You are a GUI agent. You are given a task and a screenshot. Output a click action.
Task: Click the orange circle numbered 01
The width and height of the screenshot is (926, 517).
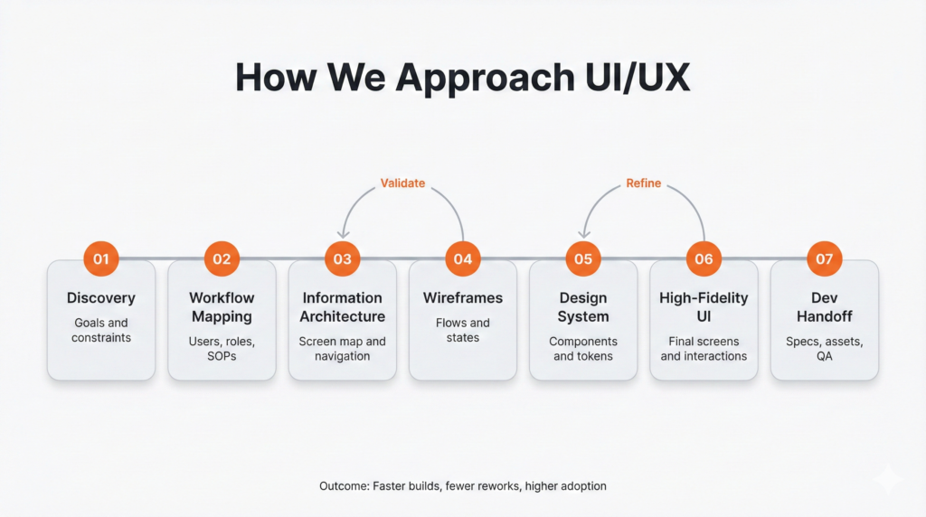(101, 258)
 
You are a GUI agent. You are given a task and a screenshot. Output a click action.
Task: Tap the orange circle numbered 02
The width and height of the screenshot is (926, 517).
(222, 258)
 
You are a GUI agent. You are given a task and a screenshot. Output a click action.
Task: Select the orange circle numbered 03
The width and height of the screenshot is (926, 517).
(342, 258)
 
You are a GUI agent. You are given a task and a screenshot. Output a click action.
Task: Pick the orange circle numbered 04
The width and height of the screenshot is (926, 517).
(463, 258)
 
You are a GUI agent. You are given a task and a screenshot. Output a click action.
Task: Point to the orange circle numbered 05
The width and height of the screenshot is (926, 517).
(583, 258)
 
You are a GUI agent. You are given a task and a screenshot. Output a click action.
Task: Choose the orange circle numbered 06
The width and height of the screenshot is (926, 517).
(704, 258)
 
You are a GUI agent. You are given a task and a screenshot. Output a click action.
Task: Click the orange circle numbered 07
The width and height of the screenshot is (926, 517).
(824, 258)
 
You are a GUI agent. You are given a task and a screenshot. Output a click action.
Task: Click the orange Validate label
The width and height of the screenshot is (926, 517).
(402, 183)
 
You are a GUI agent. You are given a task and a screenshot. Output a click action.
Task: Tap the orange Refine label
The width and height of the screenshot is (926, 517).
(644, 183)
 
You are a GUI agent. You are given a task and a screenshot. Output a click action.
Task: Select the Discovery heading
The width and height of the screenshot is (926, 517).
(101, 298)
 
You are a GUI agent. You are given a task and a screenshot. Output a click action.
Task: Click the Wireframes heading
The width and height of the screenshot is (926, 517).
(463, 298)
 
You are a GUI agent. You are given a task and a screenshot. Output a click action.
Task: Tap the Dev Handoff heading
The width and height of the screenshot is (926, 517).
(824, 307)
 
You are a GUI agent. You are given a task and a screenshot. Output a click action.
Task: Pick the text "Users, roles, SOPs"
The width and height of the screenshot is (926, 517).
(222, 348)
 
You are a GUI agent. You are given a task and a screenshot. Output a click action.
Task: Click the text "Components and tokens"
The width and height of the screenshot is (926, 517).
(583, 348)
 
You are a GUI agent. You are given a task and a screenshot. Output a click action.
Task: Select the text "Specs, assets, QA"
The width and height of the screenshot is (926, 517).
(824, 348)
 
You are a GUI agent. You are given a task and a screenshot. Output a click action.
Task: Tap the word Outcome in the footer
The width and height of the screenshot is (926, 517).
(344, 486)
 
